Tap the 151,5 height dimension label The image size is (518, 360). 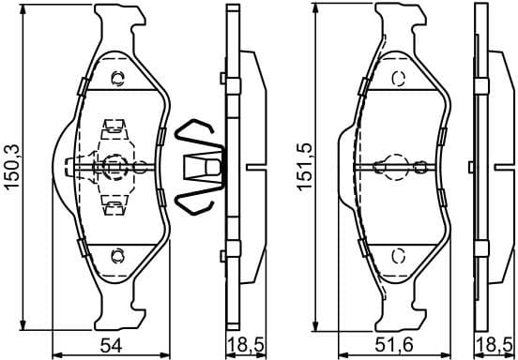pos(301,167)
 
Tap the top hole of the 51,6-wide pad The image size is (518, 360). pos(397,77)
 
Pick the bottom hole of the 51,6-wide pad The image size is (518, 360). pos(397,254)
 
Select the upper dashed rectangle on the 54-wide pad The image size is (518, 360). pos(115,127)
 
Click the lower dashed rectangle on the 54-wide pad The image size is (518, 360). pos(115,204)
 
